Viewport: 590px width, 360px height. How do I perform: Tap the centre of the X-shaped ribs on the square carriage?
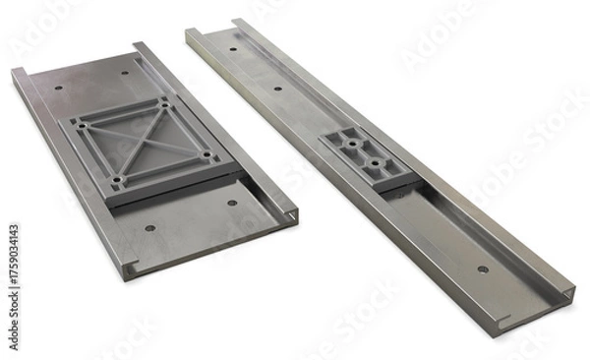coord(145,143)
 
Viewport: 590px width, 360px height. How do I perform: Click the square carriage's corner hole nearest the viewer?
coord(117,181)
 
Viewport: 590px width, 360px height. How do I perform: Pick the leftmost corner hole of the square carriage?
coord(82,124)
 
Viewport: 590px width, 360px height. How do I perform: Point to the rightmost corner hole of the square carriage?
coord(206,154)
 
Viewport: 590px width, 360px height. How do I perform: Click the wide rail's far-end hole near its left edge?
coord(58,89)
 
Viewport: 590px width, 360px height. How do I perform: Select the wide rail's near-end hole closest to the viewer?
coord(149,228)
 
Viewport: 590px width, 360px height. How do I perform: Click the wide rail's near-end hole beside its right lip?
coord(232,204)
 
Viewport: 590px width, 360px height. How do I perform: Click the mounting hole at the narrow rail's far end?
coord(232,47)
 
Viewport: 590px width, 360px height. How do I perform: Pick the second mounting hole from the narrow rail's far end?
coord(276,89)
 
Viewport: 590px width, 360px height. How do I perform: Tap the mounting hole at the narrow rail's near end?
coord(482,269)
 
